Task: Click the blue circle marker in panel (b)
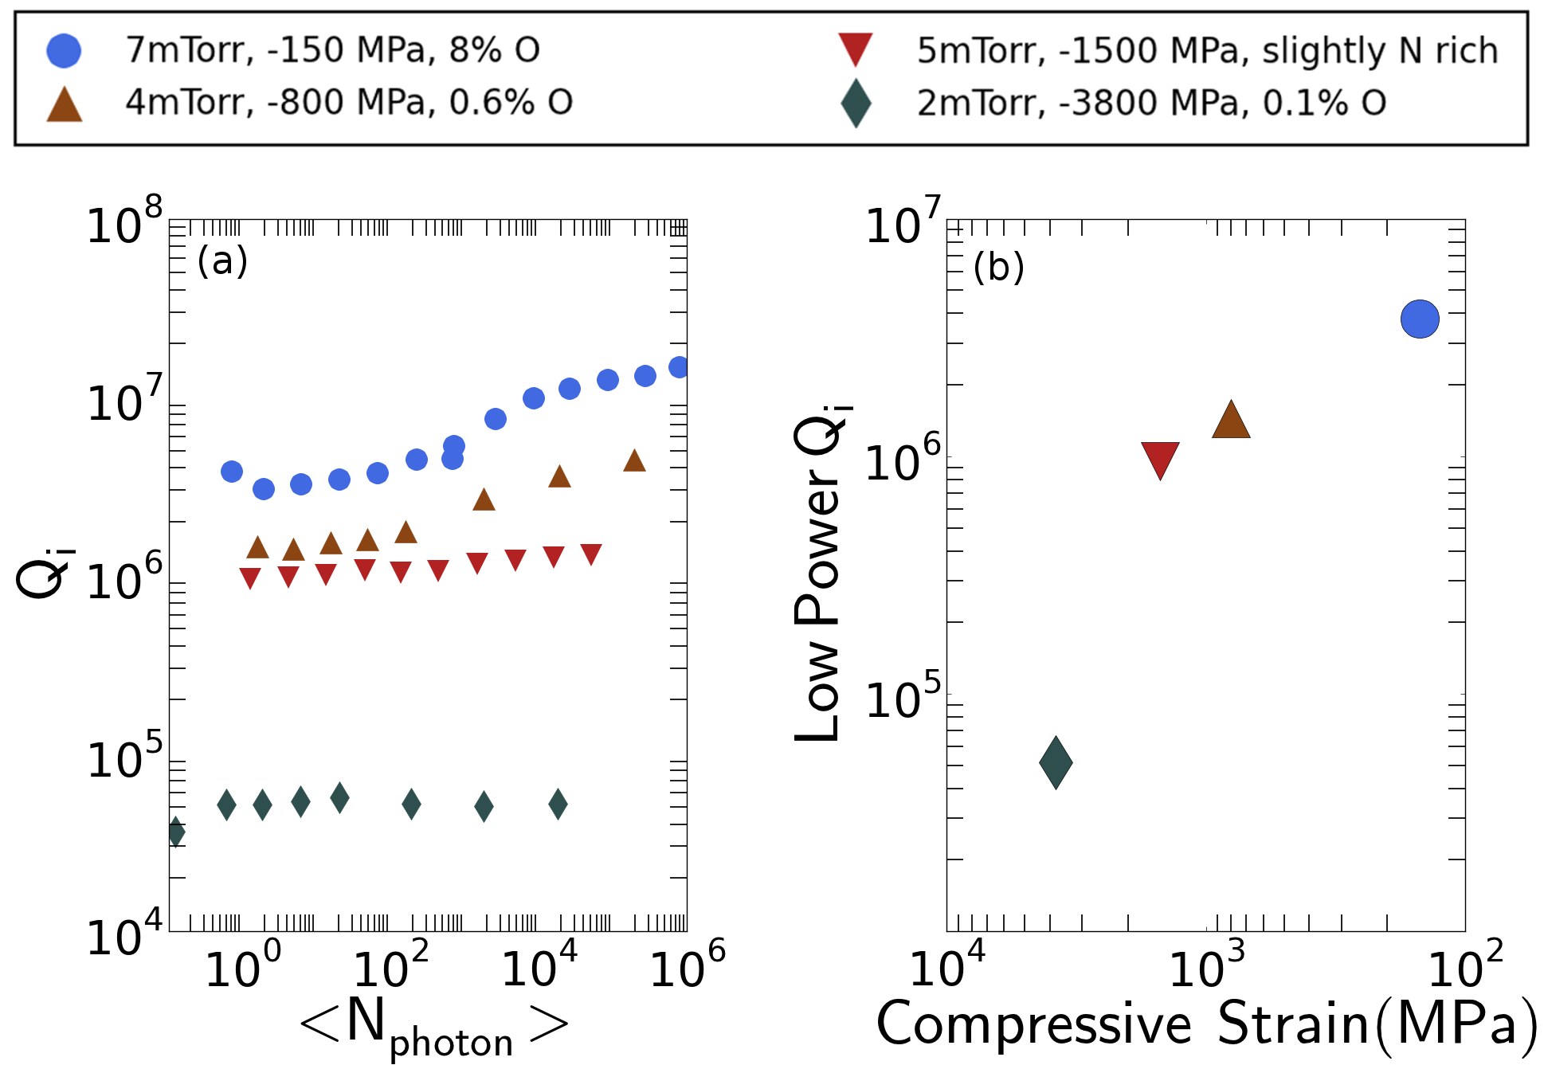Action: (x=1420, y=319)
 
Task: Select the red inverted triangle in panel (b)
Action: (x=1160, y=458)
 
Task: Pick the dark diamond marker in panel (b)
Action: (x=1056, y=762)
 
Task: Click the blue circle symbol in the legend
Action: (x=64, y=50)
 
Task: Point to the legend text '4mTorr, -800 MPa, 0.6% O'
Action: (x=349, y=103)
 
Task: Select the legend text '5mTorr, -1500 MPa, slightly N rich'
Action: (x=1207, y=50)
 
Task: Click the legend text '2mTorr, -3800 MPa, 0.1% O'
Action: (x=1151, y=104)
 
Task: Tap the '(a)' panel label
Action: (x=222, y=261)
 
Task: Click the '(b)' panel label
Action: (x=998, y=268)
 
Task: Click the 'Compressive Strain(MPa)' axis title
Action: (x=1207, y=1024)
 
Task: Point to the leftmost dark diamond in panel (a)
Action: (x=176, y=832)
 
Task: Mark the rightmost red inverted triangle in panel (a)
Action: (x=590, y=554)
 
